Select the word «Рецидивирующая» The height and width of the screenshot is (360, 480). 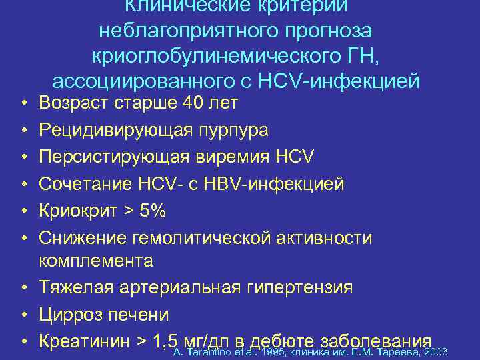point(112,129)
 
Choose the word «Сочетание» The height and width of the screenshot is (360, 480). point(80,183)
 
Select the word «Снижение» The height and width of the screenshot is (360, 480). point(78,237)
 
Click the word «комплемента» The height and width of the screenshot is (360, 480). point(96,260)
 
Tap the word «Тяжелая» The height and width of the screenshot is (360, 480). point(73,287)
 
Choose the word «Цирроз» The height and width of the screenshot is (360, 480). point(69,314)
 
